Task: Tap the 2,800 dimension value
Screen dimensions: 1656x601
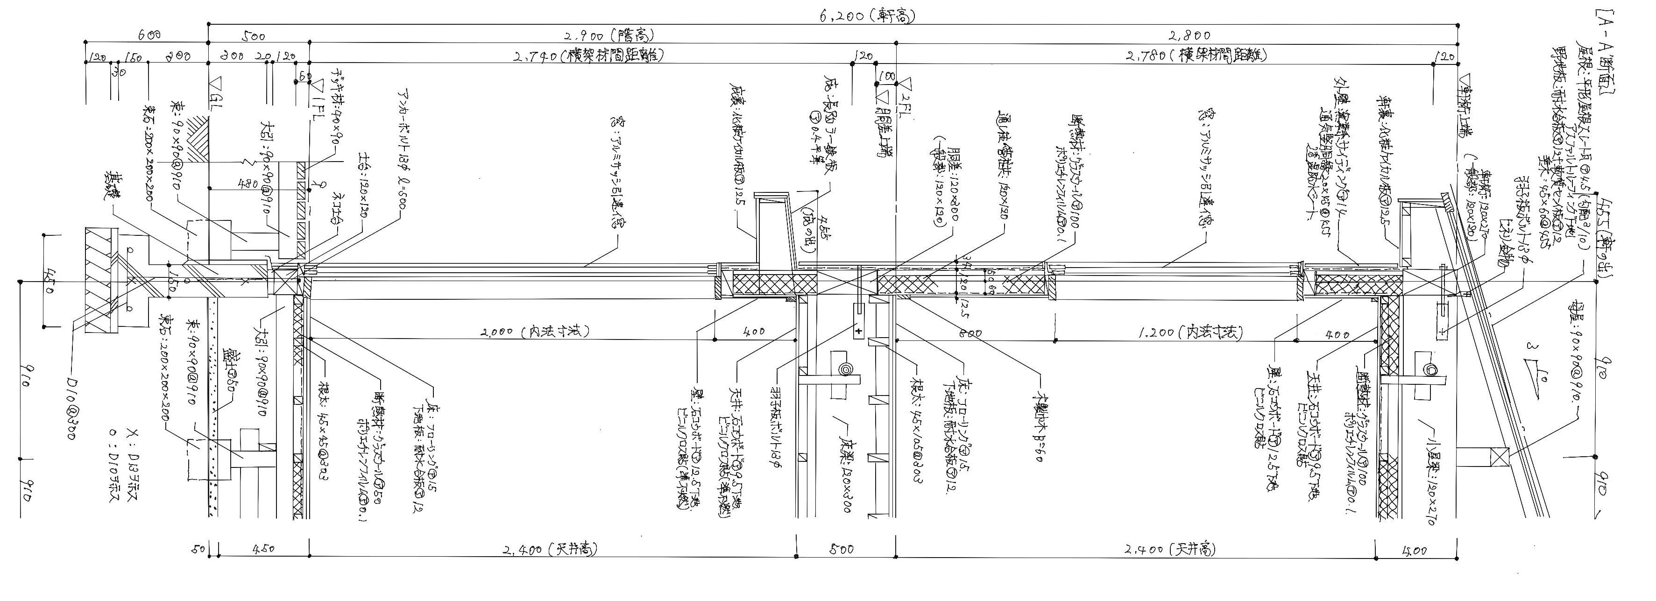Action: tap(1189, 36)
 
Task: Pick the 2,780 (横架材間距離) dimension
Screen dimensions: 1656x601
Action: tap(1196, 56)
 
